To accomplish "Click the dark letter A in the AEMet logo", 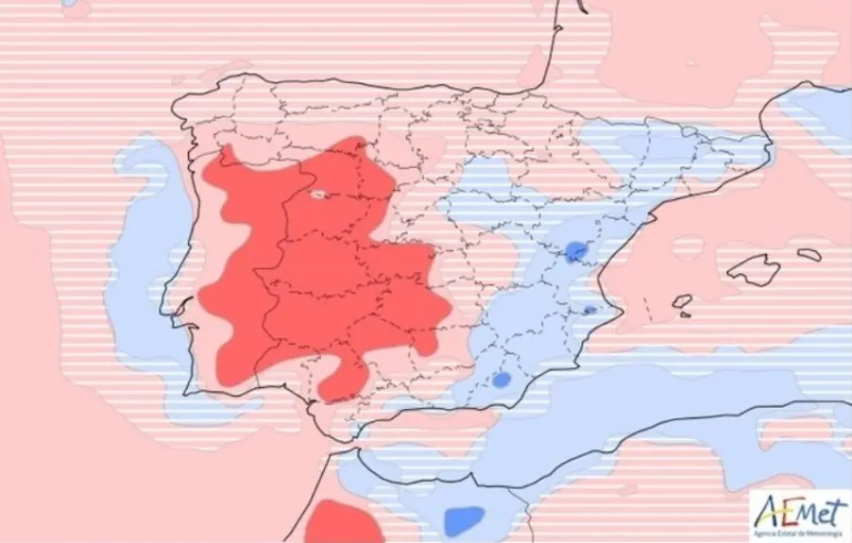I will [768, 513].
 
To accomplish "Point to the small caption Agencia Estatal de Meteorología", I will [799, 533].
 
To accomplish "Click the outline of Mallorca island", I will [754, 270].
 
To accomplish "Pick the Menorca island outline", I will [809, 254].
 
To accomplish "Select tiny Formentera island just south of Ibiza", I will [684, 315].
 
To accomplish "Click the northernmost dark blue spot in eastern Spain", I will [575, 251].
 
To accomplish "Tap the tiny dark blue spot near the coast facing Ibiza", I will [589, 310].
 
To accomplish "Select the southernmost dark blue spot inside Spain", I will [502, 380].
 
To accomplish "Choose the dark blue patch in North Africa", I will [463, 518].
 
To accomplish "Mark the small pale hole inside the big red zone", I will [319, 196].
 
